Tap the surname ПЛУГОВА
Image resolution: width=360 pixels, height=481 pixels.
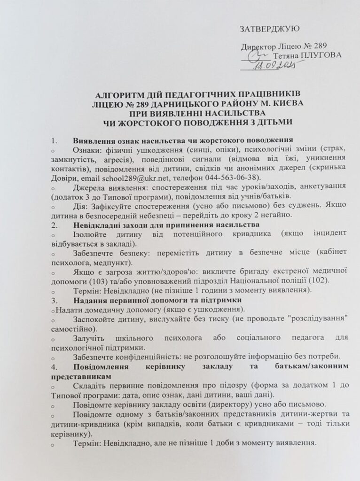(322, 55)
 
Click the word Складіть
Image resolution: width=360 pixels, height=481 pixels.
(92, 385)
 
